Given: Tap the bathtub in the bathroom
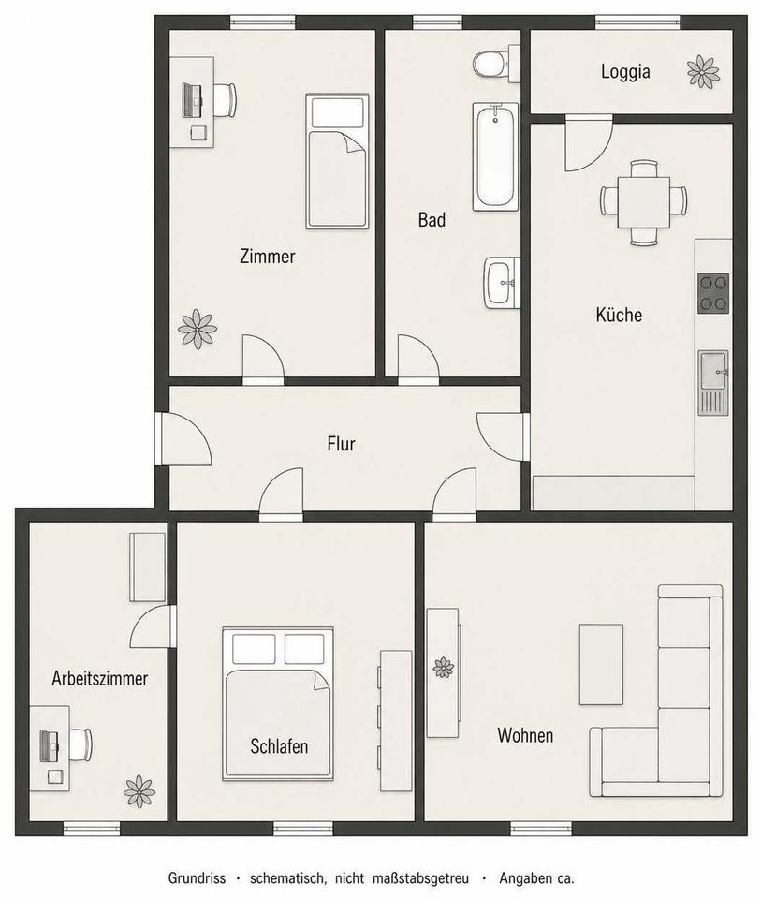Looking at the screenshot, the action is pyautogui.click(x=495, y=156).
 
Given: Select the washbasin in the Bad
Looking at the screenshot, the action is pyautogui.click(x=502, y=283).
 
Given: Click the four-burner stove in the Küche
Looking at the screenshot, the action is pyautogui.click(x=713, y=293).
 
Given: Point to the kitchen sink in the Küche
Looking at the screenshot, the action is pyautogui.click(x=713, y=383).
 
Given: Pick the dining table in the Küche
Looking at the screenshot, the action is pyautogui.click(x=643, y=202).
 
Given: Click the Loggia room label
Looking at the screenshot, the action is pyautogui.click(x=625, y=72).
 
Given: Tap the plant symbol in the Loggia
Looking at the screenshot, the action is pyautogui.click(x=703, y=72).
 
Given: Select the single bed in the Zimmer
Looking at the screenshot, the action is pyautogui.click(x=337, y=161).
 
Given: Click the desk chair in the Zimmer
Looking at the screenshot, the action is pyautogui.click(x=226, y=100).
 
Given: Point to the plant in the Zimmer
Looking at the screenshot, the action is pyautogui.click(x=198, y=329).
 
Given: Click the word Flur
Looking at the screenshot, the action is pyautogui.click(x=341, y=444).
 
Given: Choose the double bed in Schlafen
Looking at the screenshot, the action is pyautogui.click(x=278, y=703).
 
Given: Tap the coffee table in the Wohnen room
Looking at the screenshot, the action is pyautogui.click(x=601, y=665).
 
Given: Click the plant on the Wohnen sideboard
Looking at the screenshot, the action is pyautogui.click(x=444, y=668).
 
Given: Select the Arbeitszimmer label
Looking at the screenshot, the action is pyautogui.click(x=100, y=679).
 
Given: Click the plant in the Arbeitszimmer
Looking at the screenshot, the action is pyautogui.click(x=139, y=791).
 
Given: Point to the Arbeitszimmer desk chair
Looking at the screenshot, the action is pyautogui.click(x=80, y=744).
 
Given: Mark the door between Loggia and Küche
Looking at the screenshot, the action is pyautogui.click(x=589, y=142).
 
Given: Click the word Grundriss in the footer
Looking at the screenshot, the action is pyautogui.click(x=197, y=878).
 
